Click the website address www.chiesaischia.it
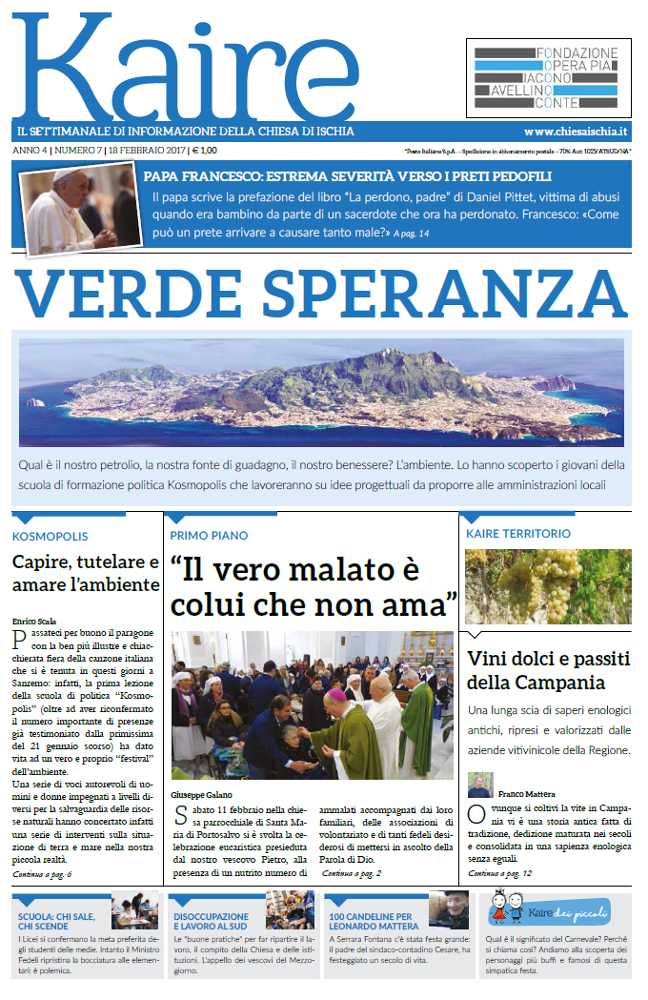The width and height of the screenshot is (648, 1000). coord(575,132)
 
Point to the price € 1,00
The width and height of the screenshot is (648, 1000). coord(204,150)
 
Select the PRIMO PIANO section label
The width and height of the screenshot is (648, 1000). coord(209,536)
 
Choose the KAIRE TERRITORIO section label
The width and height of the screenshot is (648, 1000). coord(518,534)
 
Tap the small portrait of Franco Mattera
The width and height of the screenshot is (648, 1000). coord(479,786)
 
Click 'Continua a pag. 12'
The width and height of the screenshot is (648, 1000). coord(500,872)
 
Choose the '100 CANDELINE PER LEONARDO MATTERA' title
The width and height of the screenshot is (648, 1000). coord(374,921)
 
